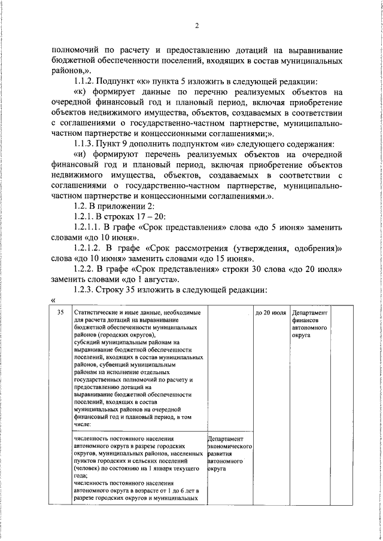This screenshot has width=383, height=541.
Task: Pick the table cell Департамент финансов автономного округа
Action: (309, 324)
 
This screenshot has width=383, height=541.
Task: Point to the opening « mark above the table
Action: (53, 299)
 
